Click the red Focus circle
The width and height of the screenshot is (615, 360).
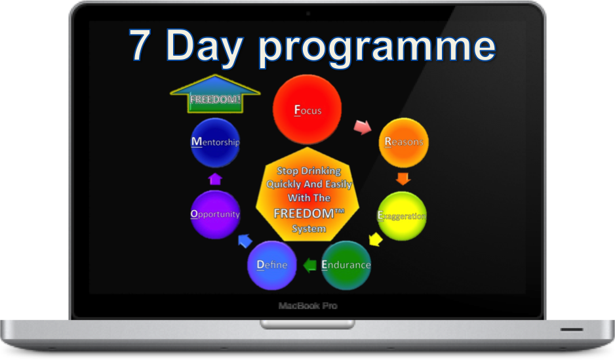pyautogui.click(x=307, y=110)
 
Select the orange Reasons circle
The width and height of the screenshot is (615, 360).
pyautogui.click(x=404, y=143)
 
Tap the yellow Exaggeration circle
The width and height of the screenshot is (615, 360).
pyautogui.click(x=402, y=216)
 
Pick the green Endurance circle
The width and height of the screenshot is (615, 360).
pyautogui.click(x=346, y=266)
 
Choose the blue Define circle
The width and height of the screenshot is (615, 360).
pyautogui.click(x=272, y=266)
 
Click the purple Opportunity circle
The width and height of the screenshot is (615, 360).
pyautogui.click(x=215, y=214)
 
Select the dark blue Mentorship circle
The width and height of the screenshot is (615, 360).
pyautogui.click(x=215, y=142)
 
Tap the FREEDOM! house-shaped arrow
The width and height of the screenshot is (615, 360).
pyautogui.click(x=215, y=94)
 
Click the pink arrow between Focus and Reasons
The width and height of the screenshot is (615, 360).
pyautogui.click(x=363, y=127)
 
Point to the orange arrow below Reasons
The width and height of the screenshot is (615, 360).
pyautogui.click(x=403, y=178)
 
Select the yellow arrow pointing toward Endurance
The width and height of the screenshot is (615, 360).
pyautogui.click(x=375, y=239)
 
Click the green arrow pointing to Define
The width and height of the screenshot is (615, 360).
pyautogui.click(x=310, y=265)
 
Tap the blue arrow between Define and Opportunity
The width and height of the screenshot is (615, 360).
pyautogui.click(x=245, y=241)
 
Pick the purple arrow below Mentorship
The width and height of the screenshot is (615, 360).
pyautogui.click(x=215, y=179)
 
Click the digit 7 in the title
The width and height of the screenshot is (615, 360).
pyautogui.click(x=140, y=45)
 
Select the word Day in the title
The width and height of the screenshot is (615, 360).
pyautogui.click(x=205, y=49)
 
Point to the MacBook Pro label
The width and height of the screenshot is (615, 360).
pyautogui.click(x=308, y=306)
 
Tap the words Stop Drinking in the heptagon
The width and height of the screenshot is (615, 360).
pyautogui.click(x=309, y=171)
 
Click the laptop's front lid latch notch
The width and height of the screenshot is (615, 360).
pyautogui.click(x=307, y=325)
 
